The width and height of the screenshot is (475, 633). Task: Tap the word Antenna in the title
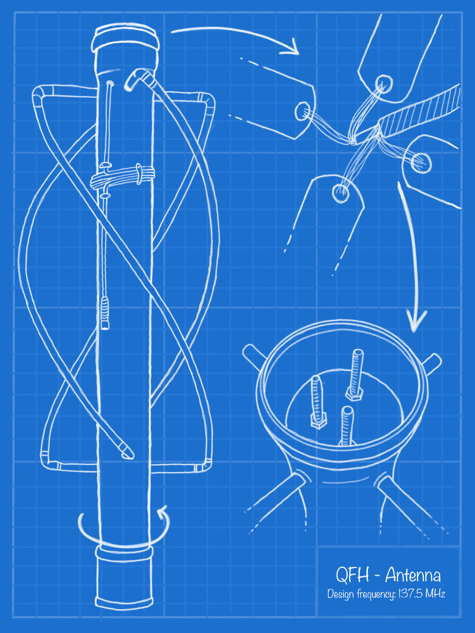click(x=413, y=575)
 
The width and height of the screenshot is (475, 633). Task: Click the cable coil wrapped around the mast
click(x=122, y=178)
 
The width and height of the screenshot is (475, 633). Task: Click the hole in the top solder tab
click(x=384, y=84)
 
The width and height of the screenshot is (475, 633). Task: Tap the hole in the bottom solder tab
click(x=340, y=193)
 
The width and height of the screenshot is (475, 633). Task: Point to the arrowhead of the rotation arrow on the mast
click(x=163, y=511)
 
